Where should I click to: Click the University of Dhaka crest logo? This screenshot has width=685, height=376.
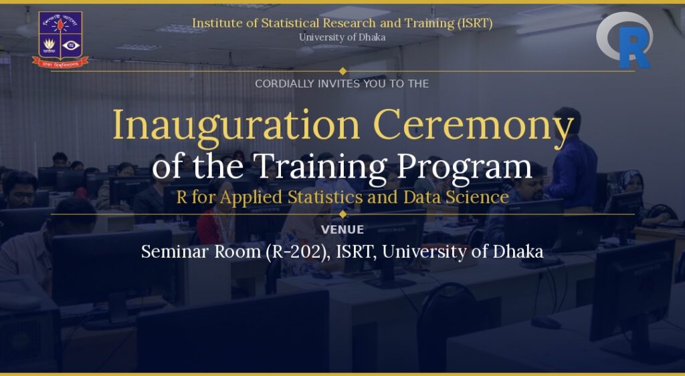coord(60,39)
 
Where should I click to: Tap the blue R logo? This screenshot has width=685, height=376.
coord(625,40)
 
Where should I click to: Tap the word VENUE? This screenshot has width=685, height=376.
coord(342,230)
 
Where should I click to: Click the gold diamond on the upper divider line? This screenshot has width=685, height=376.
coord(343,71)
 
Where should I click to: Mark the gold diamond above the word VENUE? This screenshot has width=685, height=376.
coord(343,214)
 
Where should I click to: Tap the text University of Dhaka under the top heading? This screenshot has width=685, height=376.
coord(342,37)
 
